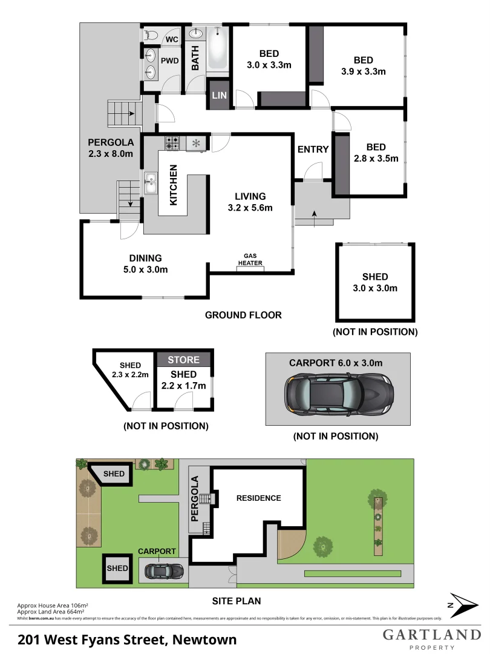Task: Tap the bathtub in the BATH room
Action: coord(217,50)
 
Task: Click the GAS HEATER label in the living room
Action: coord(250,260)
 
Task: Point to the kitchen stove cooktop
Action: coord(172,143)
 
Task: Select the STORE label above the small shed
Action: coord(184,360)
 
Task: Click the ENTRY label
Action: coord(313,150)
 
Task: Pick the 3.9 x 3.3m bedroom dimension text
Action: coord(363,71)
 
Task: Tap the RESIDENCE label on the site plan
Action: coord(258,498)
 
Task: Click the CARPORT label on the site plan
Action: coord(157,551)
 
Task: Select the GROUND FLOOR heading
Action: coord(243,315)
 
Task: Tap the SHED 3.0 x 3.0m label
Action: coord(376,282)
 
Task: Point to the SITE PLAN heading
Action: coord(236,601)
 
